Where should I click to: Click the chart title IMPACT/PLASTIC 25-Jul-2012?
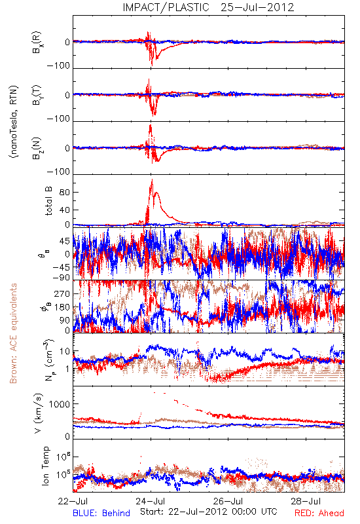click(208, 7)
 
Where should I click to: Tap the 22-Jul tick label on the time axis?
click(73, 501)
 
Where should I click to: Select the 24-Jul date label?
click(151, 501)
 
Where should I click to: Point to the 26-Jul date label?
click(228, 501)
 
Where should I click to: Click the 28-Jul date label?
click(306, 501)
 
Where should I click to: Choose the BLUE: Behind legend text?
click(101, 514)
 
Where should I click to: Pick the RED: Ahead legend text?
click(319, 514)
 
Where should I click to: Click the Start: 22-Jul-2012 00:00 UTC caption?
click(209, 512)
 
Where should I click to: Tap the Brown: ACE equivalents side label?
click(13, 333)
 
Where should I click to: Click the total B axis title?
click(48, 201)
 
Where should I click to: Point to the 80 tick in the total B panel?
click(65, 193)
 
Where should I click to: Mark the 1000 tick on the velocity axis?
click(60, 404)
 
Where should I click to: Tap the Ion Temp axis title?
click(45, 466)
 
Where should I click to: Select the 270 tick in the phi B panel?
click(62, 293)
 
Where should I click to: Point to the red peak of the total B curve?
click(153, 179)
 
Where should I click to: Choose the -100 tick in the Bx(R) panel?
click(58, 65)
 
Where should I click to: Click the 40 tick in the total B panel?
click(65, 210)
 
